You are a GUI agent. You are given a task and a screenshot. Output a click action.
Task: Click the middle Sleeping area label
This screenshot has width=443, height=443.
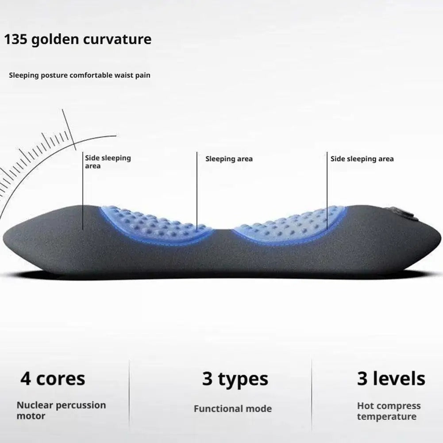tap(229, 159)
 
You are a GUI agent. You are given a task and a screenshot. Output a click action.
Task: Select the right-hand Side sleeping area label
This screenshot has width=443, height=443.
tap(362, 159)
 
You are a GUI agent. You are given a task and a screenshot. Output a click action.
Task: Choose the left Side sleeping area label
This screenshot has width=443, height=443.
tap(108, 162)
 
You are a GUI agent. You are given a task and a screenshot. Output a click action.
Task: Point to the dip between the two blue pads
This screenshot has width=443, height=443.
tap(223, 232)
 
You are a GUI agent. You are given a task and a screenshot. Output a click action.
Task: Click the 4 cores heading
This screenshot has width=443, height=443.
tap(53, 379)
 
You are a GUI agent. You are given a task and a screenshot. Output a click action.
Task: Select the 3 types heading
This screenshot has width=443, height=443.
tap(235, 379)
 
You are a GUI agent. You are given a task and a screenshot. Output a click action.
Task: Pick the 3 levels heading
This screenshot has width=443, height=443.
tap(391, 379)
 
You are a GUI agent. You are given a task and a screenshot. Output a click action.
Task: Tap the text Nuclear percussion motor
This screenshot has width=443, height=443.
tap(61, 410)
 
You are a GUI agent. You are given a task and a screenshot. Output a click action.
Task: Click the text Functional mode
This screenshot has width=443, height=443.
tap(232, 408)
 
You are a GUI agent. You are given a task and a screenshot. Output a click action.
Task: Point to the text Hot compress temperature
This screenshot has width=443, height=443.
tap(389, 411)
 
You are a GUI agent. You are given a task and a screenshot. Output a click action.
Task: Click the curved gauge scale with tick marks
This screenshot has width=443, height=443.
tap(35, 155)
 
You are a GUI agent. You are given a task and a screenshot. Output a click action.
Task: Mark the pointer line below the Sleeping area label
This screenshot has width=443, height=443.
tap(197, 190)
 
